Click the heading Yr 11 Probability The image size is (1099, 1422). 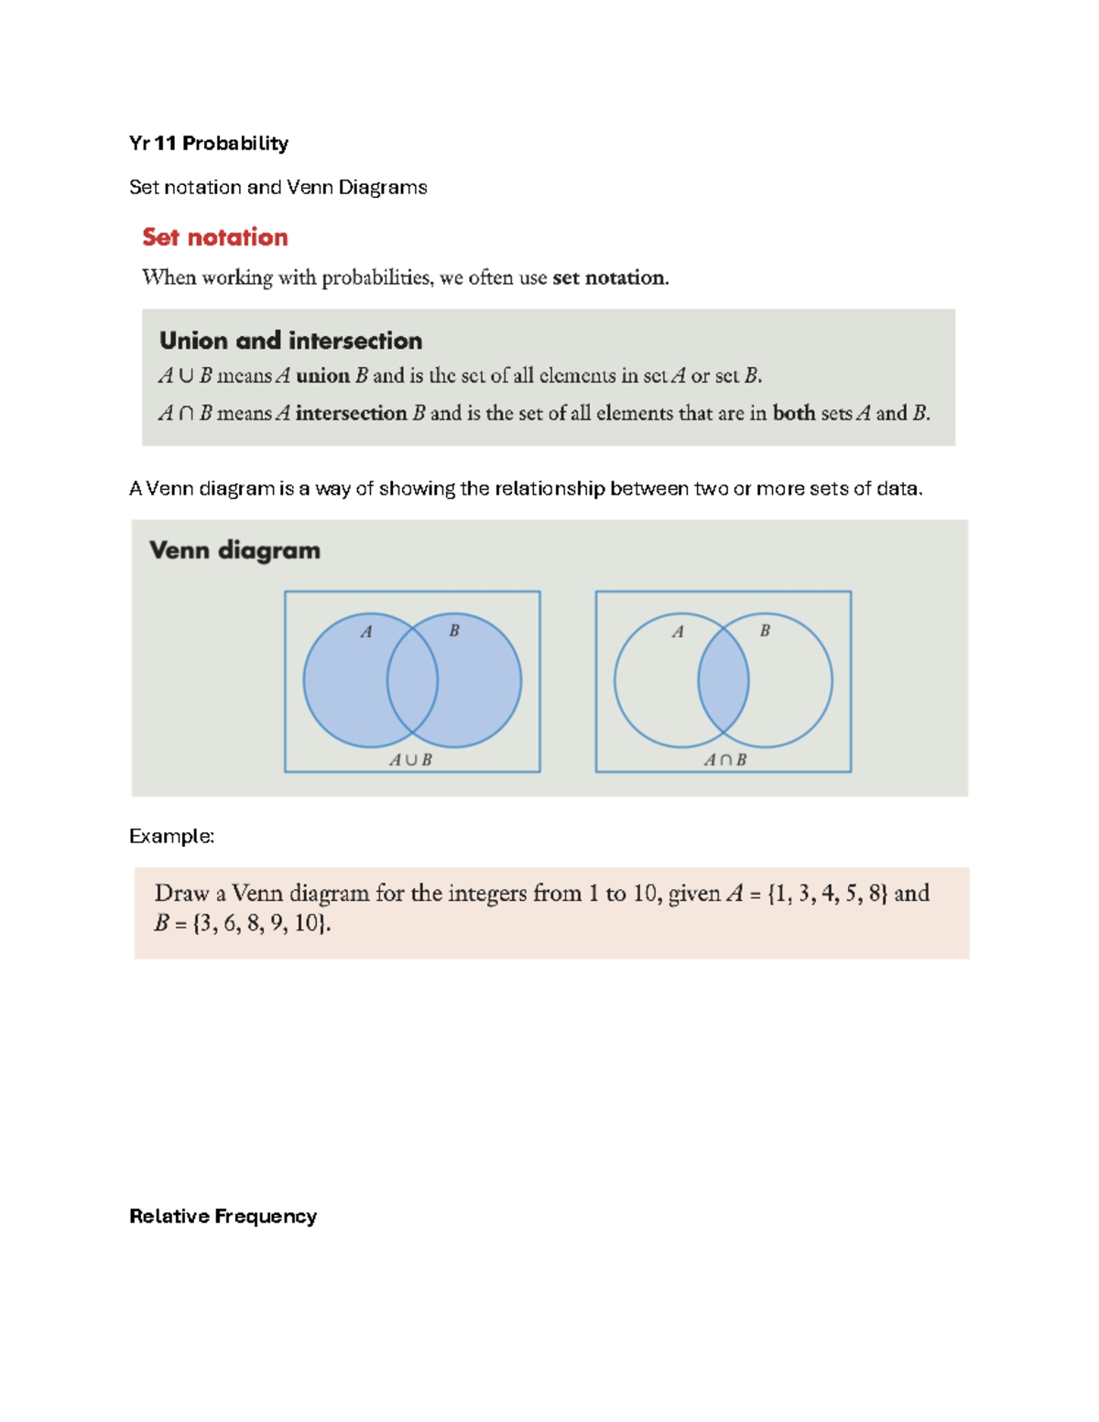(209, 143)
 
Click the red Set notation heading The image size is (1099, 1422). (215, 237)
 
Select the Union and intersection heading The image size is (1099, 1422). (290, 341)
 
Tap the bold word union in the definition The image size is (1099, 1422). (322, 376)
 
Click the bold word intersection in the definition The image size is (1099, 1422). (351, 414)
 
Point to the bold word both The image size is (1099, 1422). (793, 414)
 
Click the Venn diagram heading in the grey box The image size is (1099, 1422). (234, 550)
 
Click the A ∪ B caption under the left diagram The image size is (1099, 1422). (410, 760)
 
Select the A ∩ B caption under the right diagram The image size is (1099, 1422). (724, 760)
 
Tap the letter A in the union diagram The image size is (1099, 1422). (366, 632)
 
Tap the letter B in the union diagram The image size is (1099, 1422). (453, 631)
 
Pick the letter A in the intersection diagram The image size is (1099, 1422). (678, 632)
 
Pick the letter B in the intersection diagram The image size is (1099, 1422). (765, 631)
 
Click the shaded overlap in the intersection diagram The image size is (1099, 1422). (724, 680)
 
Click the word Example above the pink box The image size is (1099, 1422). (170, 836)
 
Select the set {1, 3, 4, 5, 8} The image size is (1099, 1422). (827, 894)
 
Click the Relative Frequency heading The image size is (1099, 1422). (223, 1216)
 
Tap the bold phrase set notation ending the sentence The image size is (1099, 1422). (609, 277)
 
